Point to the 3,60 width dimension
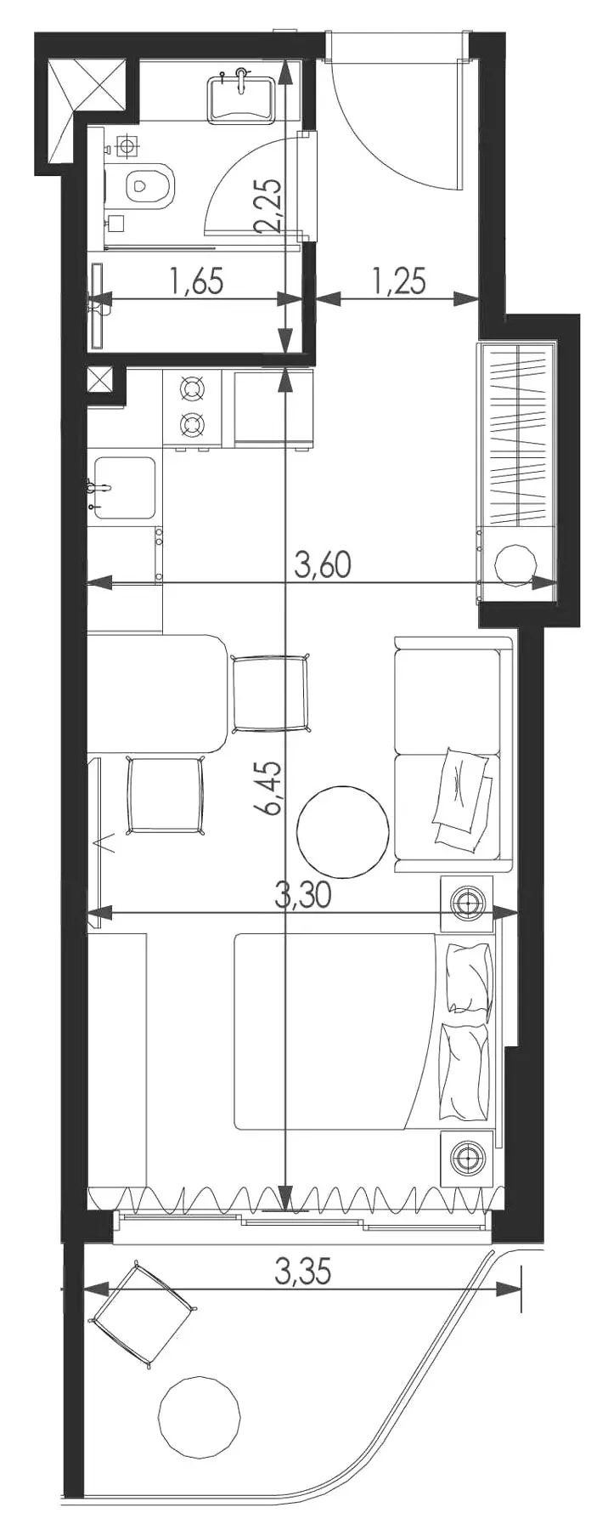[322, 564]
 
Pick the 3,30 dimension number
[303, 894]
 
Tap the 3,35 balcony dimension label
[302, 1272]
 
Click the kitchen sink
[124, 487]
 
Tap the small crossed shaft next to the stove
[100, 380]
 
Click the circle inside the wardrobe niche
[516, 564]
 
